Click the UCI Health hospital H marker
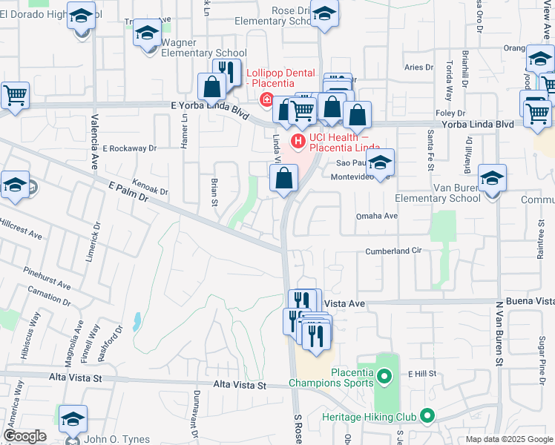coord(298,140)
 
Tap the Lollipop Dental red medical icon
coord(264,100)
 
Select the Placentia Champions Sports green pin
coord(384,378)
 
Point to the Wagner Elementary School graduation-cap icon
coord(147,34)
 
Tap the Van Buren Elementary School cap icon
coord(492,179)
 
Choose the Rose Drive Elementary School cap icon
coord(324,13)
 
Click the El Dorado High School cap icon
coord(81,14)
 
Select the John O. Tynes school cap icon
coord(73,420)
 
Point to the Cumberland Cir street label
coord(393,251)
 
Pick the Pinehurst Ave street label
coord(46,276)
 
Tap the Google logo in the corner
coord(24,436)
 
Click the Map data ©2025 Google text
coord(509,439)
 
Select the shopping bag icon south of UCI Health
coord(284,179)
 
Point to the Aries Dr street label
coord(419,67)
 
